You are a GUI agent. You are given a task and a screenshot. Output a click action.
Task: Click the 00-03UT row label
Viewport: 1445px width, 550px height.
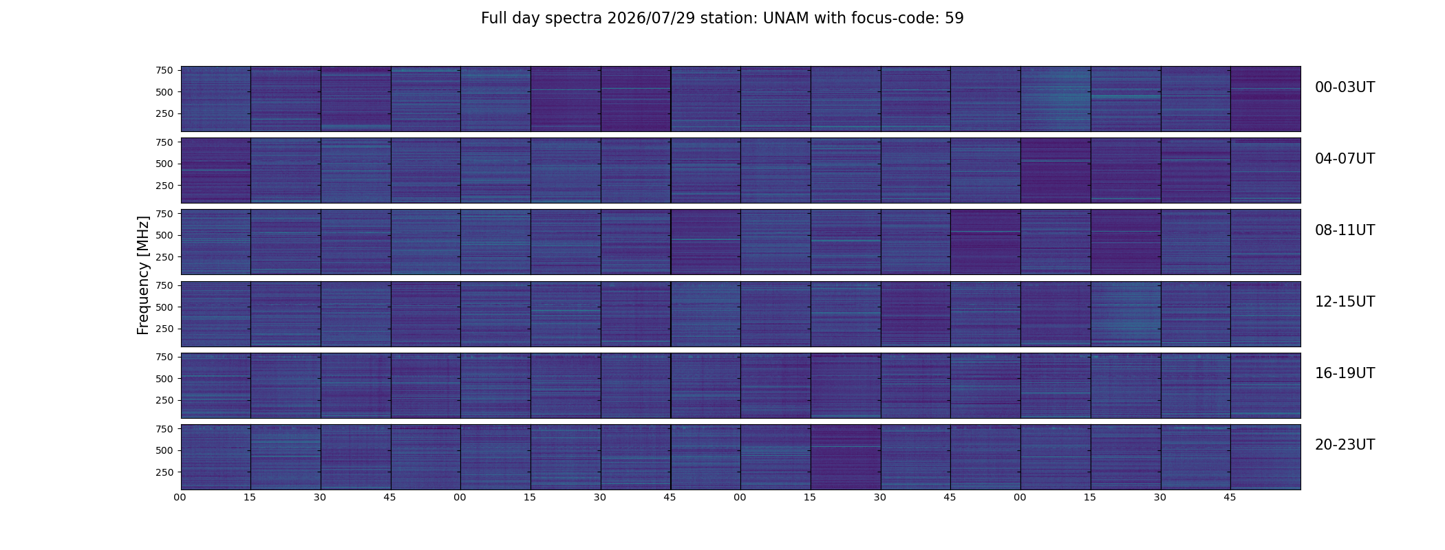click(x=1345, y=87)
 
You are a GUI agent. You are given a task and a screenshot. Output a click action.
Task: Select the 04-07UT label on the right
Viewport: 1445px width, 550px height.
click(x=1345, y=159)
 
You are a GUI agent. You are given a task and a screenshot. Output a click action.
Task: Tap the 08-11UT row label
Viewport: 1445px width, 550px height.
click(x=1345, y=230)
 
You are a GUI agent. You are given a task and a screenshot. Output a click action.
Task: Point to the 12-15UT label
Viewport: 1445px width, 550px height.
click(x=1345, y=302)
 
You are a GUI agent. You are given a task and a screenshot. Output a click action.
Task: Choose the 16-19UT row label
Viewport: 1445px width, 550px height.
click(x=1345, y=373)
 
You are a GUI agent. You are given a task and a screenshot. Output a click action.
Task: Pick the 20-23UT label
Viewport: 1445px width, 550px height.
click(x=1345, y=445)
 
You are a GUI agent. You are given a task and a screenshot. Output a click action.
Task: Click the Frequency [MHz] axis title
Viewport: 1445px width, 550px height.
click(x=143, y=275)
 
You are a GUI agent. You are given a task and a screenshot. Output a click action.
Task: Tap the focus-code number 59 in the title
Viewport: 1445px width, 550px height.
click(x=954, y=19)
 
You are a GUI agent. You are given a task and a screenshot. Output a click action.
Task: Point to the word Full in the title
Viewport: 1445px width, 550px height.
click(x=494, y=19)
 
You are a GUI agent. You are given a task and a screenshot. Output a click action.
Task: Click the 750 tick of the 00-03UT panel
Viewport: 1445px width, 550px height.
click(x=164, y=70)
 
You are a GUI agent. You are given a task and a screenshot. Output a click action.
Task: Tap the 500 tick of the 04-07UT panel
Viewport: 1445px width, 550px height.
click(x=164, y=164)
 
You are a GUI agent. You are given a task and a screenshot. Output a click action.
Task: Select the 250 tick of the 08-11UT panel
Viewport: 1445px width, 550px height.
click(x=164, y=257)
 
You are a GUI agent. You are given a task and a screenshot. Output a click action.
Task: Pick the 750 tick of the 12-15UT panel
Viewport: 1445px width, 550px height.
click(x=164, y=285)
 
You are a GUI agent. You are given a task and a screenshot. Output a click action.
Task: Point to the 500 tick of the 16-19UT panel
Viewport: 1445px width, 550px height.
click(x=164, y=379)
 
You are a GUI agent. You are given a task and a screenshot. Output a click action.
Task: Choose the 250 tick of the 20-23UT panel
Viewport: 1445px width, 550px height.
click(x=164, y=472)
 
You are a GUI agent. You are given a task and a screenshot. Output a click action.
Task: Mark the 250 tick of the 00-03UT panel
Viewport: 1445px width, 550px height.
click(x=164, y=113)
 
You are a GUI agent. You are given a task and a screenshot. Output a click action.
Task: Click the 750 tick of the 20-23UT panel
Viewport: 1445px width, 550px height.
click(x=164, y=429)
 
